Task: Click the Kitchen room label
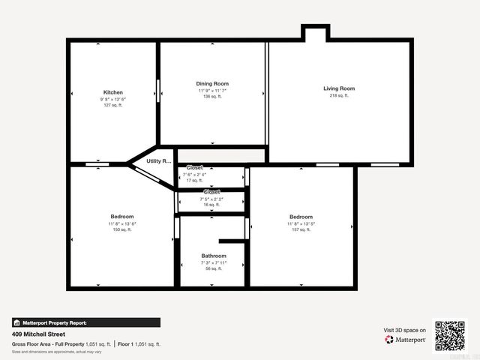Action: (113, 92)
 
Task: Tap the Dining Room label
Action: (212, 83)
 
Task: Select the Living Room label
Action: (339, 88)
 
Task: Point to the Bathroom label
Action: (213, 256)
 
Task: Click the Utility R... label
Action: (159, 161)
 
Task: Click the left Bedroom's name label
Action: (121, 217)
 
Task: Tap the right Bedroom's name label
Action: (301, 217)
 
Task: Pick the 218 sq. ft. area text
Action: (339, 96)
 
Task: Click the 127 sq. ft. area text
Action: (113, 106)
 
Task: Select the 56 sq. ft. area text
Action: (213, 268)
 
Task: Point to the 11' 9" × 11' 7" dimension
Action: (212, 90)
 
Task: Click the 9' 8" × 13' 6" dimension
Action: (113, 99)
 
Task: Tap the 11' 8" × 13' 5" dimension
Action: (301, 223)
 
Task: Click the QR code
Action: (450, 336)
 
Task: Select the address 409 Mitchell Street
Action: (36, 334)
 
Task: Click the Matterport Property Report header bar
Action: (85, 322)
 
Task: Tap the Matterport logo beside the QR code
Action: (406, 340)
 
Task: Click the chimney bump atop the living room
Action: (315, 33)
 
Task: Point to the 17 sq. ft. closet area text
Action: (194, 181)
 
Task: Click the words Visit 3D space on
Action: (405, 330)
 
